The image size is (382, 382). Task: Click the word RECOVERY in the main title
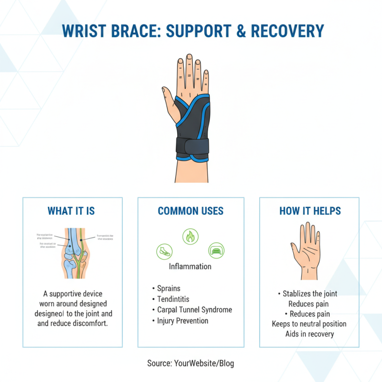point(287,32)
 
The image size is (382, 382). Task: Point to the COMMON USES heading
point(191,211)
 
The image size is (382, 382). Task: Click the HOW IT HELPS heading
point(309,211)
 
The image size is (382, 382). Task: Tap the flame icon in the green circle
point(191,236)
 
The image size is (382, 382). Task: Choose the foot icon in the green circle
point(164,251)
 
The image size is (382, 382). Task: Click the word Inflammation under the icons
point(190,266)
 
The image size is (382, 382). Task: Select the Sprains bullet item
point(169,288)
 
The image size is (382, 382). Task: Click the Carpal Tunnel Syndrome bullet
point(195,310)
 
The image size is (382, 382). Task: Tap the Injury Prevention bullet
point(183,320)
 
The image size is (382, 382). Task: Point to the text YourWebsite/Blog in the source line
point(204,363)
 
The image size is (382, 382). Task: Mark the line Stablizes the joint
point(309,293)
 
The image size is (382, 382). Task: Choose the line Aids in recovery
point(309,334)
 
